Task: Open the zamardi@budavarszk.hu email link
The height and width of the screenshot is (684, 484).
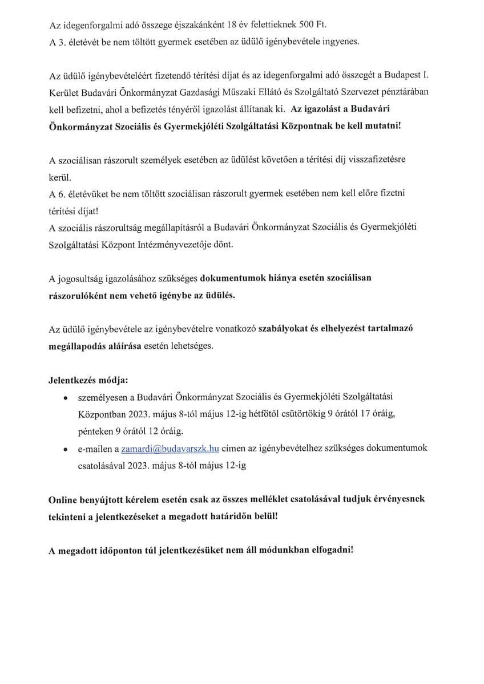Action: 171,449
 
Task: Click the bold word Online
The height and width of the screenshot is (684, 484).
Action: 63,500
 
